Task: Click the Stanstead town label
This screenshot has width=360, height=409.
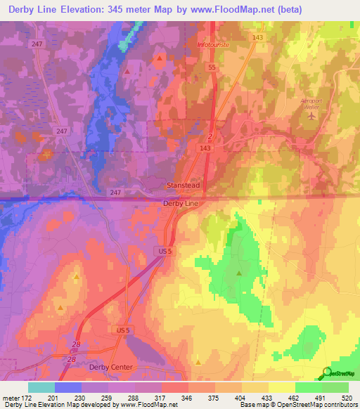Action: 183,185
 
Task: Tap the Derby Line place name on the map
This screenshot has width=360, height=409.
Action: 181,203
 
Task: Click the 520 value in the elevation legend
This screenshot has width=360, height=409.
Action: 345,397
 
